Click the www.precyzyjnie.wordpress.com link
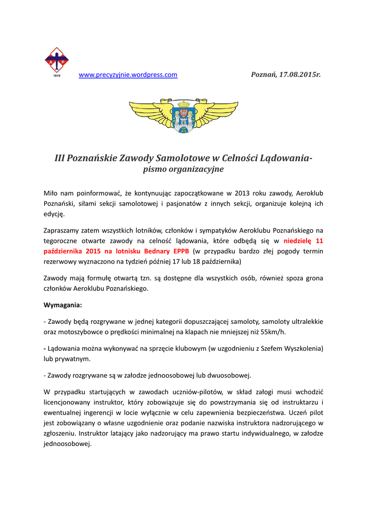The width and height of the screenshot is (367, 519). (x=128, y=75)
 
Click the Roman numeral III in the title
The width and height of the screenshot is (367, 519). (x=60, y=158)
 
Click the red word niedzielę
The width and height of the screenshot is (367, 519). (x=298, y=241)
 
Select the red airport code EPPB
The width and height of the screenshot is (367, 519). (x=180, y=251)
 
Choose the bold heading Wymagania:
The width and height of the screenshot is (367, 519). (x=63, y=306)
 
